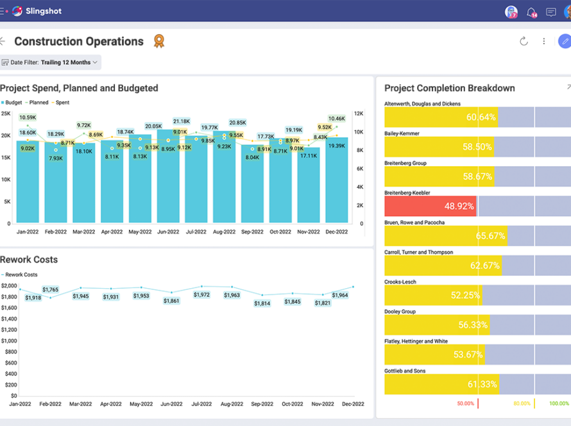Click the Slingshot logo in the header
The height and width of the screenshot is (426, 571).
point(37,11)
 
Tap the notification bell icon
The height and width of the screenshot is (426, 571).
point(531,12)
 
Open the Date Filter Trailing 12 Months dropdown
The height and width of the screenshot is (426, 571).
point(51,62)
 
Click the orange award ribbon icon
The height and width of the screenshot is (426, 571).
point(159,41)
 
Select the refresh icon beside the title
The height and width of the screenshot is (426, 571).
point(524,41)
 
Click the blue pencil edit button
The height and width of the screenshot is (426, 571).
point(565,41)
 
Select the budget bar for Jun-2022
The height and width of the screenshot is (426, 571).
point(168,176)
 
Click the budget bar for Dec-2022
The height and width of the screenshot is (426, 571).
point(336,180)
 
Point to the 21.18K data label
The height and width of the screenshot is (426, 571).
point(182,121)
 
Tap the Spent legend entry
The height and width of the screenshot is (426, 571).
point(60,103)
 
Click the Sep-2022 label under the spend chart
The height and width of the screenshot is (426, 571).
point(252,232)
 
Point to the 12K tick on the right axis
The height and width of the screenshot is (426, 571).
point(359,114)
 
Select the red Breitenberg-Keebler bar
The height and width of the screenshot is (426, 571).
point(430,206)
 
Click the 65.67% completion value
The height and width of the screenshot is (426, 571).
point(490,236)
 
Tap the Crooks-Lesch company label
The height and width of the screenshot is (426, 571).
point(400,282)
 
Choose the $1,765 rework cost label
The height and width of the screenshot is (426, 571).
point(50,289)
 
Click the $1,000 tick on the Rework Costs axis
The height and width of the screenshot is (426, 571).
point(9,341)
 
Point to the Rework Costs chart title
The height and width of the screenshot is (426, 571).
point(29,260)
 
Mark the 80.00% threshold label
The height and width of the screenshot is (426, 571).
point(522,404)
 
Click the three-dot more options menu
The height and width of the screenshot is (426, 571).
point(543,41)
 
